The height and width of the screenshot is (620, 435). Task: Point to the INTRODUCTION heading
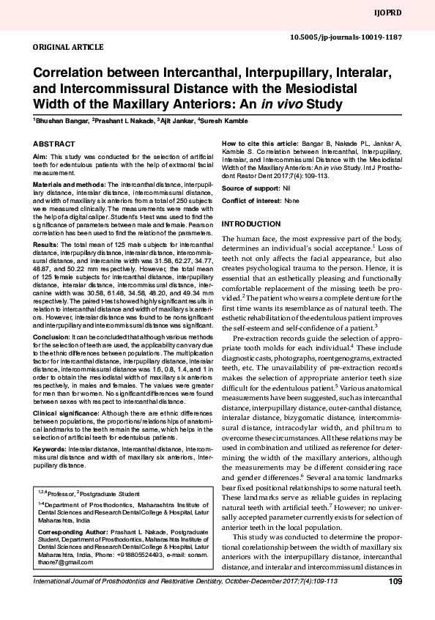coord(251,223)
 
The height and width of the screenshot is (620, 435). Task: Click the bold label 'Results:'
coord(45,243)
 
